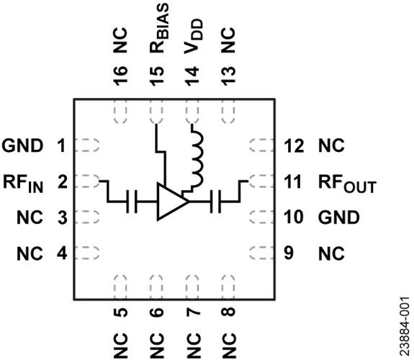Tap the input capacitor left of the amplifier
[132, 202]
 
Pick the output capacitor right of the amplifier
[215, 202]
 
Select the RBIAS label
[158, 28]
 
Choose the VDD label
[194, 37]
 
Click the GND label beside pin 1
[23, 145]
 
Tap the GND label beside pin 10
[338, 217]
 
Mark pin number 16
[121, 76]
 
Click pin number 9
[289, 253]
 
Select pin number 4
[63, 253]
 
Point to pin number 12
[294, 145]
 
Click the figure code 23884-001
[404, 327]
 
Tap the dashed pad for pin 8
[228, 287]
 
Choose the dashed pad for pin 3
[87, 217]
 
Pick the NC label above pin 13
[228, 40]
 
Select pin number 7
[193, 312]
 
